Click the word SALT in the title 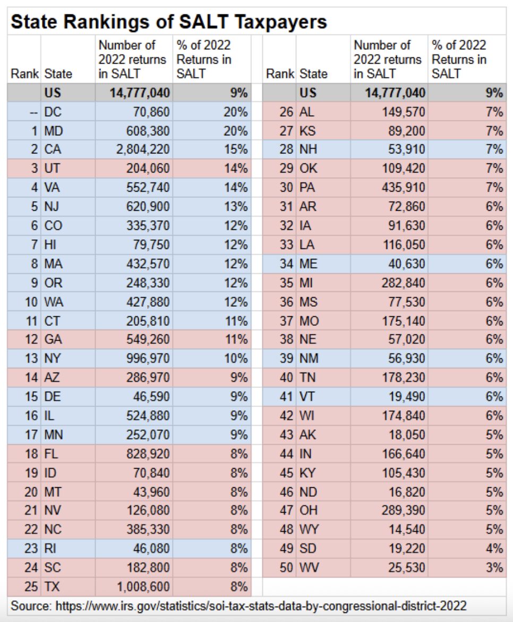coord(204,21)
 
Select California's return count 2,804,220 coord(143,149)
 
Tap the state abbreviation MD coord(54,131)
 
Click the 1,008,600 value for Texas coord(143,586)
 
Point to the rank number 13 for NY coord(31,358)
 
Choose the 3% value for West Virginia coord(494,567)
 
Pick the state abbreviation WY coord(309,529)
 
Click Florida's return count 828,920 coord(148,453)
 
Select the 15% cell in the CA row coord(236,149)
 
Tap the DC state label coord(53,112)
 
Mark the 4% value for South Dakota coord(494,548)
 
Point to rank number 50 coord(286,567)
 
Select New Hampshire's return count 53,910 coord(407,149)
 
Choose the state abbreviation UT coord(52,168)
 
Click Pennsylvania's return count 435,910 coord(404,187)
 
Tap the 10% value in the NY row coord(236,358)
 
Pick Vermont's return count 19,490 coord(407,396)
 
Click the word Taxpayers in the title coord(281,22)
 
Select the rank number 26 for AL coord(286,112)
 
